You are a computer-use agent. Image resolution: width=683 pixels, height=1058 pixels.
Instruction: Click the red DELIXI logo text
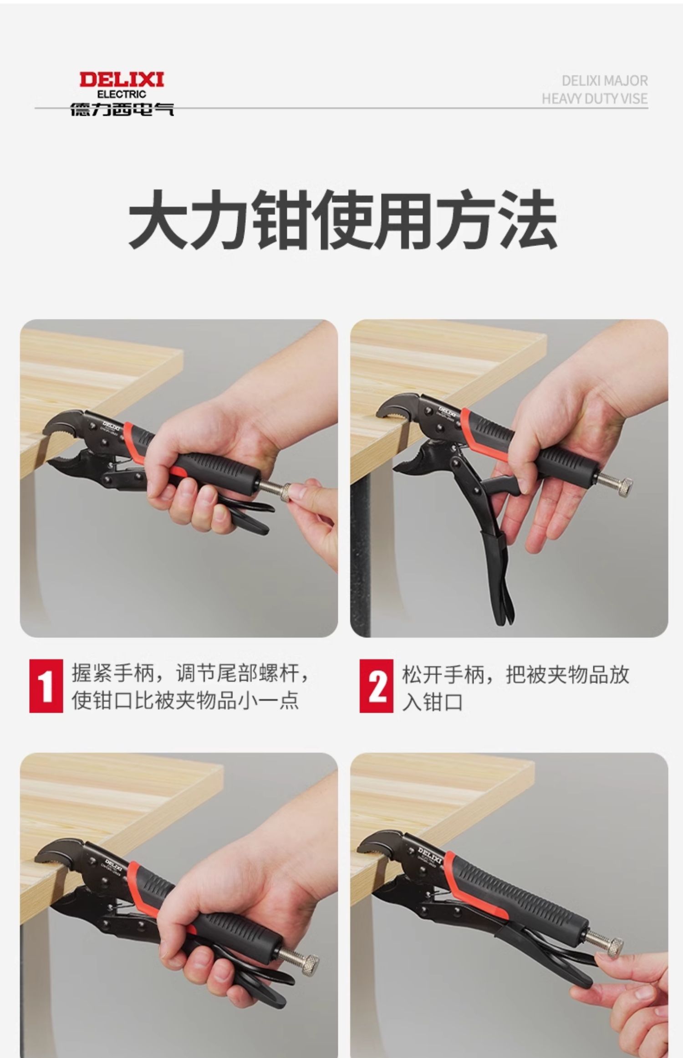(x=122, y=80)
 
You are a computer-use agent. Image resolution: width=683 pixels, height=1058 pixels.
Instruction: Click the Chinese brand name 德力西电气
(x=122, y=109)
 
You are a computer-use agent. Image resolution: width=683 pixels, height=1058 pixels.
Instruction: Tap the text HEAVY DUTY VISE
(x=594, y=98)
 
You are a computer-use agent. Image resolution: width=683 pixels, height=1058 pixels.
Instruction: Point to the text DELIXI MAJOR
(x=604, y=81)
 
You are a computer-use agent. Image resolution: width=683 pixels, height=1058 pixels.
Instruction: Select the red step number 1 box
(x=46, y=686)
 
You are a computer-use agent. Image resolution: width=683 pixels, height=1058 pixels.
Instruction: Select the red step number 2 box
(x=376, y=686)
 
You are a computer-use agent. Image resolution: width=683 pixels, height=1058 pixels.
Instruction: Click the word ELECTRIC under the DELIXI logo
(x=122, y=94)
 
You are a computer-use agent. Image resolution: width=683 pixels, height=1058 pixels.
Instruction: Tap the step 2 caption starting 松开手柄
(x=515, y=687)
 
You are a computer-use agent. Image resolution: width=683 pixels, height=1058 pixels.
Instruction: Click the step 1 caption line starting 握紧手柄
(x=190, y=674)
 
